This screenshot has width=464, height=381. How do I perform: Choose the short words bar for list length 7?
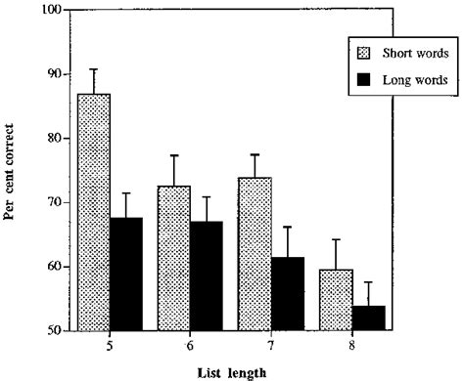coord(255,254)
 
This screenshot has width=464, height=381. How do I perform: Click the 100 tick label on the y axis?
coord(49,11)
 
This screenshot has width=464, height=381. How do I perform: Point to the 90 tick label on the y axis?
coord(53,74)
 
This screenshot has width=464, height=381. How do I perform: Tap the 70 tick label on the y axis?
coord(53,202)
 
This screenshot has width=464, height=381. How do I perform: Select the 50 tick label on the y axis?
coord(53,330)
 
